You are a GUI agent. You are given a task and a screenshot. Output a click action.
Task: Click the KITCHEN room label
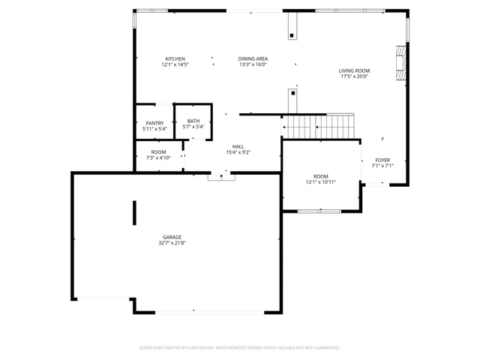[175, 59]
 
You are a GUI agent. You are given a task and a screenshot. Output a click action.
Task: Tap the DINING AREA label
[253, 59]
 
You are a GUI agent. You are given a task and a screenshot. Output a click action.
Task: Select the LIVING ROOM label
[355, 70]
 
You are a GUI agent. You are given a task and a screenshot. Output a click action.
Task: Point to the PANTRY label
[154, 123]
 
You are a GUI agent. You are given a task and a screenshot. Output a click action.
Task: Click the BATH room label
[193, 121]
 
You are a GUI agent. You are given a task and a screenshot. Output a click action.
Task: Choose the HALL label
[238, 146]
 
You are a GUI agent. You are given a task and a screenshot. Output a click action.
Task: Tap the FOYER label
[382, 160]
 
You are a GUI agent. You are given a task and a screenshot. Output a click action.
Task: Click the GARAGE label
[172, 237]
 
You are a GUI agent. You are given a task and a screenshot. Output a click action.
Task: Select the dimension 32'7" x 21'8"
[172, 243]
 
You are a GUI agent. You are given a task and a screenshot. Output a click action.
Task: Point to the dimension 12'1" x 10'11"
[321, 181]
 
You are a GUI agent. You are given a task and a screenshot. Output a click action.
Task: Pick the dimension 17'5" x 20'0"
[355, 76]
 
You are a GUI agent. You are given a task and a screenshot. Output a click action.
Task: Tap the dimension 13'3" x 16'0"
[253, 64]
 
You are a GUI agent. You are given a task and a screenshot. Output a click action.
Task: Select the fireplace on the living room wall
[401, 63]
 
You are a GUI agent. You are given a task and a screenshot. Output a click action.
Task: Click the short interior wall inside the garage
[134, 212]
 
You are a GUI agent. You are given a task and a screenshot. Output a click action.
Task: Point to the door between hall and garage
[221, 175]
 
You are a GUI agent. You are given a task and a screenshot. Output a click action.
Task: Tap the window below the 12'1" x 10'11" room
[319, 211]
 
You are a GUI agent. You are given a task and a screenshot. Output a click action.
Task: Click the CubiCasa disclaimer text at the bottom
[240, 347]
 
